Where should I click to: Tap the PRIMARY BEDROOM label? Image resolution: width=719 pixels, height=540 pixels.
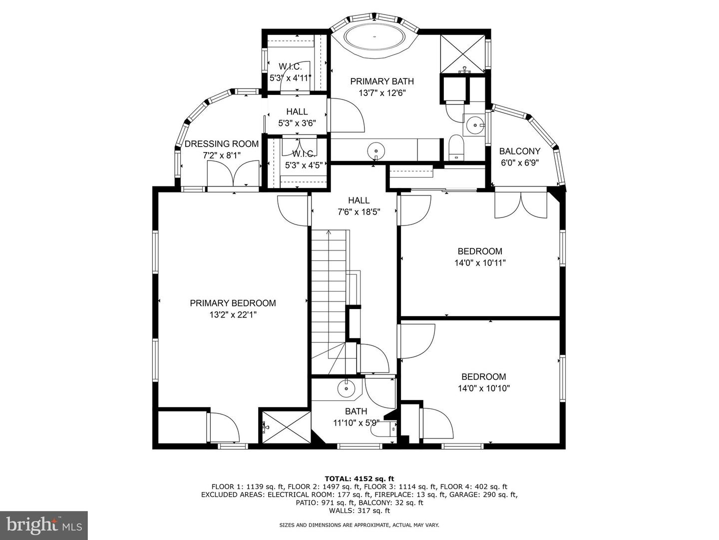(233, 303)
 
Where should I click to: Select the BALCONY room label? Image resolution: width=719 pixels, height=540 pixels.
(519, 151)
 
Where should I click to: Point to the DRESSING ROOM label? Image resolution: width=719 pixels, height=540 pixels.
(222, 143)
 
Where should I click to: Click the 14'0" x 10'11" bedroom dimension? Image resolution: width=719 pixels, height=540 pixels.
(480, 263)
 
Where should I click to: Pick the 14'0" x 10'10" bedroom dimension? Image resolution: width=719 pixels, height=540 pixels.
(484, 388)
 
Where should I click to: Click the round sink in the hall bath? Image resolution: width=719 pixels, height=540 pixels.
(346, 388)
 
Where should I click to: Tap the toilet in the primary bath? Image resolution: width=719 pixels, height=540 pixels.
(456, 147)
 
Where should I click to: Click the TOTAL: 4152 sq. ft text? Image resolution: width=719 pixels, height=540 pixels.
(359, 478)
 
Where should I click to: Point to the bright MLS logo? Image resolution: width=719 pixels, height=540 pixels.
(44, 525)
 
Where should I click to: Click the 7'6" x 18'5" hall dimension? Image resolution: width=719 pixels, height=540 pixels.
(359, 212)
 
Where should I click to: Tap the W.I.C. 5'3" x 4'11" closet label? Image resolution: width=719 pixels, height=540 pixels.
(290, 72)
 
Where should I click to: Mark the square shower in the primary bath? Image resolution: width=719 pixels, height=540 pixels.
(462, 54)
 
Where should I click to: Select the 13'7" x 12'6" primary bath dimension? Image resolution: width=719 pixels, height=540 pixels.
(382, 93)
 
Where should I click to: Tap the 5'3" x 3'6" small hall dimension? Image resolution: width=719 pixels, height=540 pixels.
(297, 123)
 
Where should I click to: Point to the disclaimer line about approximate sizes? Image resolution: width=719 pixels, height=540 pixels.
(359, 525)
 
